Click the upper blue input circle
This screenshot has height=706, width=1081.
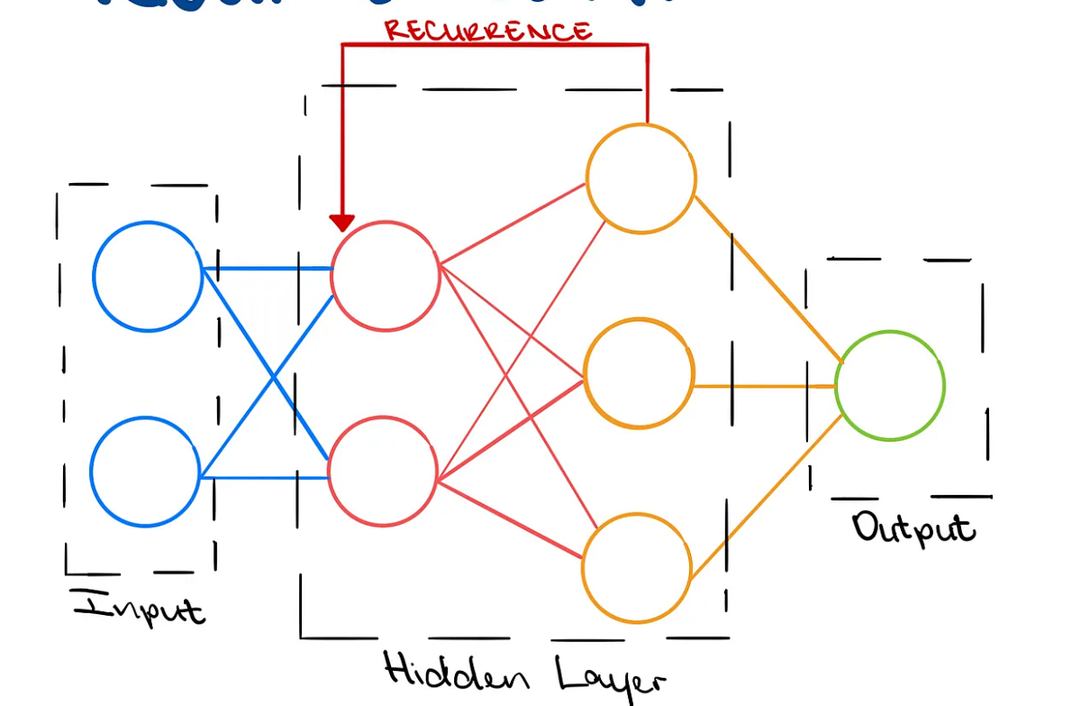[x=148, y=276]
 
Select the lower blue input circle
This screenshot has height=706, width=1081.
[x=145, y=471]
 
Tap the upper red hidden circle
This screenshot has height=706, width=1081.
[x=386, y=274]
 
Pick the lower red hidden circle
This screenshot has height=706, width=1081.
[x=383, y=471]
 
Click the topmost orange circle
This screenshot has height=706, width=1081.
[x=640, y=179]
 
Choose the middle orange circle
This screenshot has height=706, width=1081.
[x=639, y=372]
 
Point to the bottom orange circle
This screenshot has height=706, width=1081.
[x=636, y=567]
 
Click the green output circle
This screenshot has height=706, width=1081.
[x=889, y=386]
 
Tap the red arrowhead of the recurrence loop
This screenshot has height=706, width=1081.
[x=342, y=222]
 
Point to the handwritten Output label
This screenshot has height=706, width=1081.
[x=913, y=527]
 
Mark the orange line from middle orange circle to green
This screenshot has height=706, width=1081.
[x=766, y=386]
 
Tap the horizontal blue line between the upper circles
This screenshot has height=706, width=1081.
[x=267, y=268]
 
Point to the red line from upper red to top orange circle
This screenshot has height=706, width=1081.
[x=513, y=225]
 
